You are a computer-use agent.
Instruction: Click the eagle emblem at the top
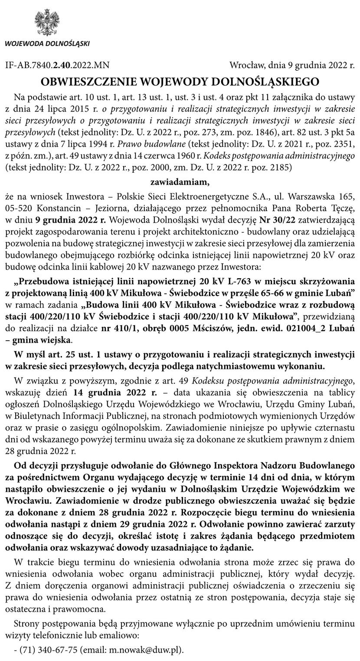click(47, 23)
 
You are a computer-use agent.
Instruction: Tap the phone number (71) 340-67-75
click(50, 650)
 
